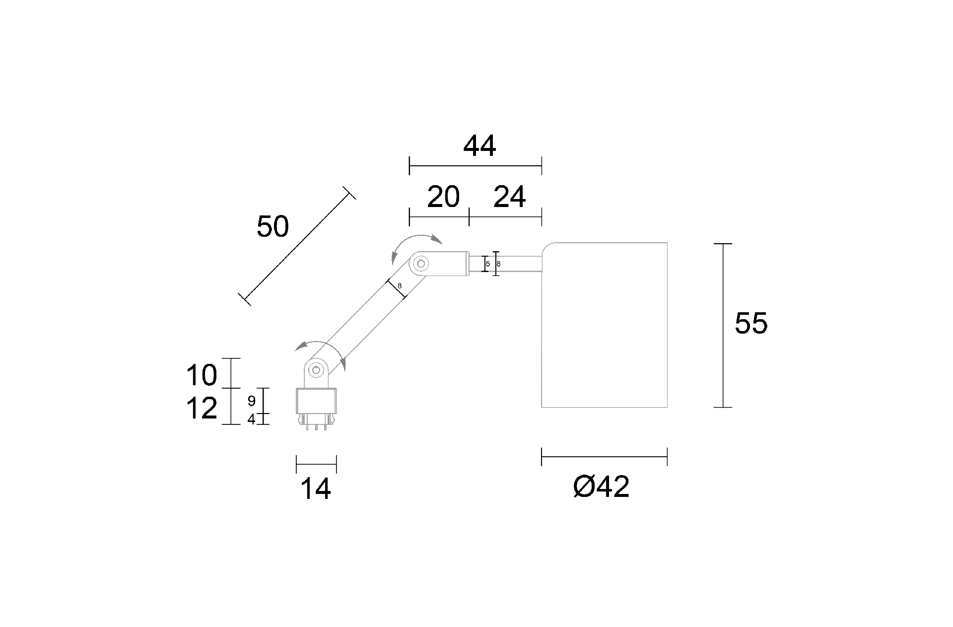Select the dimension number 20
[x=443, y=197]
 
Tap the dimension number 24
[x=509, y=197]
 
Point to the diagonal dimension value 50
[x=272, y=227]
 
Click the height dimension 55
[x=751, y=323]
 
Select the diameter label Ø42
[x=601, y=487]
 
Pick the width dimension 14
[x=316, y=489]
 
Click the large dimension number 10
[x=202, y=375]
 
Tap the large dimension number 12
[x=202, y=409]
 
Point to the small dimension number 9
[x=251, y=401]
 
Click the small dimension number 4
[x=251, y=419]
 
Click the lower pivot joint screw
[x=316, y=369]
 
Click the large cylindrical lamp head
[x=604, y=325]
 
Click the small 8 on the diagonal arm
[x=400, y=286]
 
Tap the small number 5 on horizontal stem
[x=488, y=264]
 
